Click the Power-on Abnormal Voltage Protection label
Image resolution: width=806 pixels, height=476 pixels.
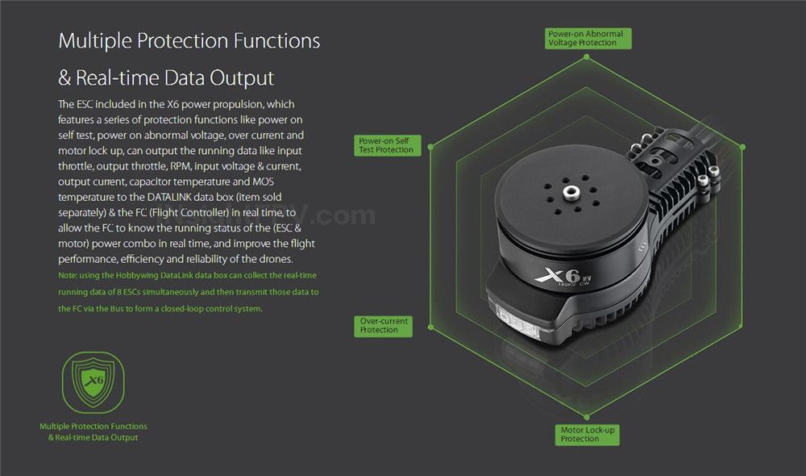[x=588, y=39]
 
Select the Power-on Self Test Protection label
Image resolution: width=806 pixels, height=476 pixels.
[x=387, y=146]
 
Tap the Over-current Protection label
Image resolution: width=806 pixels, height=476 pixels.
[x=383, y=326]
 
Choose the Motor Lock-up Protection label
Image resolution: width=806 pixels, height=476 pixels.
[x=587, y=435]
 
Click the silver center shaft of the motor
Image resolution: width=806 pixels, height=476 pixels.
[x=570, y=193]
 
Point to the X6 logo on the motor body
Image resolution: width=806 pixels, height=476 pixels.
[x=558, y=276]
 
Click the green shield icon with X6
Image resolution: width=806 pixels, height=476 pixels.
[x=93, y=382]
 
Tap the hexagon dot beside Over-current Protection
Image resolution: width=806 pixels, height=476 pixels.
[x=430, y=327]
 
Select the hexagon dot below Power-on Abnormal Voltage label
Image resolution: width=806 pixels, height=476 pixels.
[x=587, y=57]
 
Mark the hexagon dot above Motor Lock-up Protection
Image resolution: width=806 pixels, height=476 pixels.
[x=587, y=416]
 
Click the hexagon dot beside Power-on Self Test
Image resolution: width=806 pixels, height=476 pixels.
[x=430, y=147]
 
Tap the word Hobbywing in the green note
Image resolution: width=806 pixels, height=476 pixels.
[x=137, y=276]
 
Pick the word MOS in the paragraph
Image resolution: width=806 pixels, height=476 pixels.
[x=264, y=182]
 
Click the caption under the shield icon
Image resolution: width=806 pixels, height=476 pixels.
[x=93, y=432]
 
